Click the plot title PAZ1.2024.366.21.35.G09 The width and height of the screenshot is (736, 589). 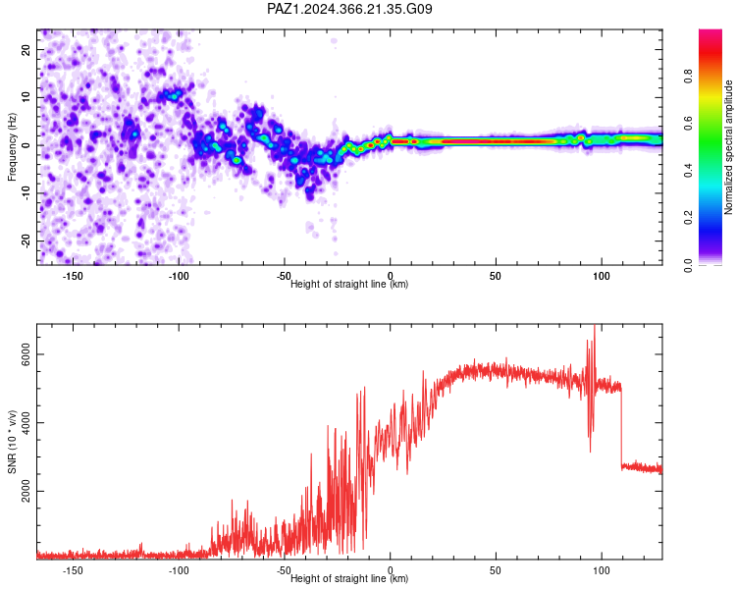tap(349, 9)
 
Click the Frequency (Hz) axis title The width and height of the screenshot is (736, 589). tap(12, 147)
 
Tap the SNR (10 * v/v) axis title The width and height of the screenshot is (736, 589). tap(12, 442)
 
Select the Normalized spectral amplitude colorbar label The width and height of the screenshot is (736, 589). tap(728, 147)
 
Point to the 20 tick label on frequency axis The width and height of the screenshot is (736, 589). tap(26, 49)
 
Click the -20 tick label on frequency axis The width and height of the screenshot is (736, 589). tap(26, 241)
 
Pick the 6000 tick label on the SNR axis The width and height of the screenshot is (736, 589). tap(26, 354)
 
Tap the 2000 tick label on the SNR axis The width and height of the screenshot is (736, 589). tap(26, 491)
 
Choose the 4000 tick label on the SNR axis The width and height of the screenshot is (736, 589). tap(26, 423)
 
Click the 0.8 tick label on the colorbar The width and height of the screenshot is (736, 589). tap(688, 76)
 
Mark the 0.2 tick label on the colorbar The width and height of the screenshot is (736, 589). tap(688, 218)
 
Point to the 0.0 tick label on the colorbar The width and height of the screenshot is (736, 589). tap(688, 265)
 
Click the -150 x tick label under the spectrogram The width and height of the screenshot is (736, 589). tap(73, 276)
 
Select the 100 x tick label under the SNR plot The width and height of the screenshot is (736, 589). tap(601, 570)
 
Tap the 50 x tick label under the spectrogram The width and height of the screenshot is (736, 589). tap(496, 276)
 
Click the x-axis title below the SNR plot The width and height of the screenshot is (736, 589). tap(349, 578)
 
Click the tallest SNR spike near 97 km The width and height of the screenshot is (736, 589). tap(595, 326)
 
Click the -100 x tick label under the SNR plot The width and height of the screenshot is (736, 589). tap(179, 570)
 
